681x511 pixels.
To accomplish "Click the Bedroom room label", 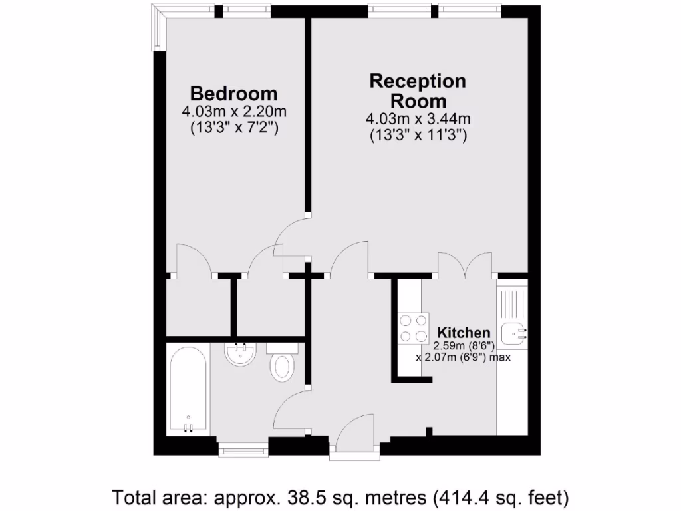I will pyautogui.click(x=233, y=93).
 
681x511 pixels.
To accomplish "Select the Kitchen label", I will pyautogui.click(x=464, y=332).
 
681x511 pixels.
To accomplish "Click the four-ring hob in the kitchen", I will pyautogui.click(x=414, y=329).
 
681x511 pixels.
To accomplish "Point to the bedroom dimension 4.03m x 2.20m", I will pyautogui.click(x=233, y=111).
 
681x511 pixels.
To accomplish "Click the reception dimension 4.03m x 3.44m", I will pyautogui.click(x=418, y=120).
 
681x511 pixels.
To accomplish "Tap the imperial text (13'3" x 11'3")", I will pyautogui.click(x=418, y=135).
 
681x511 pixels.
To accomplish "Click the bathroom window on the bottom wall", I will pyautogui.click(x=243, y=450).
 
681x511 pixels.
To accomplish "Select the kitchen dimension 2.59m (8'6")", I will pyautogui.click(x=464, y=345).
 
